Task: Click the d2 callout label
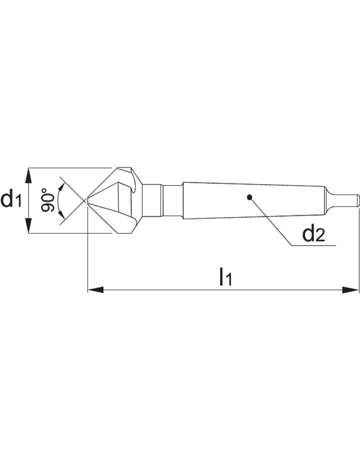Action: tap(313, 235)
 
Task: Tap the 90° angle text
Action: tap(47, 200)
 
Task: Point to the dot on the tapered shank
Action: tap(249, 197)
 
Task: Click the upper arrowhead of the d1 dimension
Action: tap(29, 173)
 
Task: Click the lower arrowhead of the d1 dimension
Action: tap(29, 228)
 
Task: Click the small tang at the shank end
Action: tap(344, 200)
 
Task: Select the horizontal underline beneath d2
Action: tap(315, 246)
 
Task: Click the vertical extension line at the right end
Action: tap(359, 252)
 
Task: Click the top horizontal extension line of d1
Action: tap(67, 167)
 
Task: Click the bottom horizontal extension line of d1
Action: tap(67, 233)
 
